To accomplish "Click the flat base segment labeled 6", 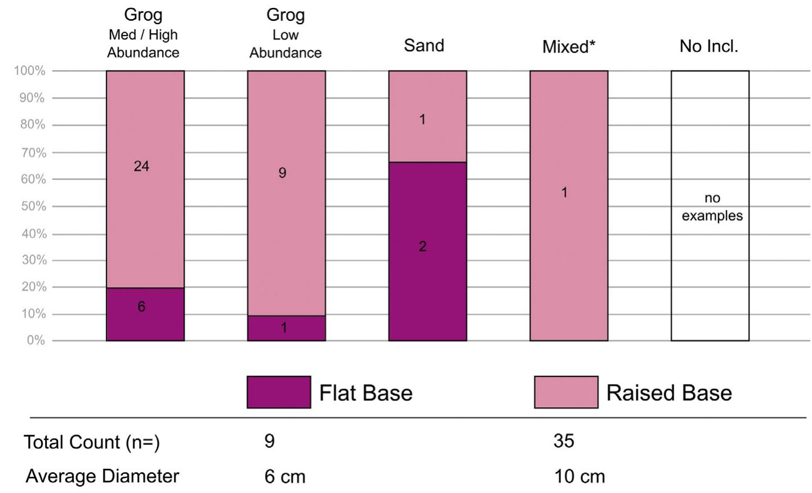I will pos(145,314).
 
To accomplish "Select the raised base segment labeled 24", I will pos(145,179).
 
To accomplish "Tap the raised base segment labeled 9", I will pos(286,193).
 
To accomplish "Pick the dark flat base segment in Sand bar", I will pos(427,251).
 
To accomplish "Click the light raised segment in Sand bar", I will pos(427,116).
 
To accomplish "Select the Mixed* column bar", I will pos(569,205).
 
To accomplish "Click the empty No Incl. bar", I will pos(710,205).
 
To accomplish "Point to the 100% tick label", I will pos(29,71).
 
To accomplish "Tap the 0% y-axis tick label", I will pos(35,340).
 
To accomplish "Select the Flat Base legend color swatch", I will pos(279,392).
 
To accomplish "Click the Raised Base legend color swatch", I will pos(566,392).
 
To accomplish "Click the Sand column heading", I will pos(424,46).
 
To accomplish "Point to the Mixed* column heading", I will pos(568,47).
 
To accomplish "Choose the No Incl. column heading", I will pos(708,46).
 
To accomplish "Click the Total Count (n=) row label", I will pos(92,442).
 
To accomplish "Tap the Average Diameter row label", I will pos(102,476).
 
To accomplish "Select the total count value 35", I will pos(564,441).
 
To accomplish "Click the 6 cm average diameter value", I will pos(285,477).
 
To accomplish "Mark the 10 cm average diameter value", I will pos(579,477).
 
